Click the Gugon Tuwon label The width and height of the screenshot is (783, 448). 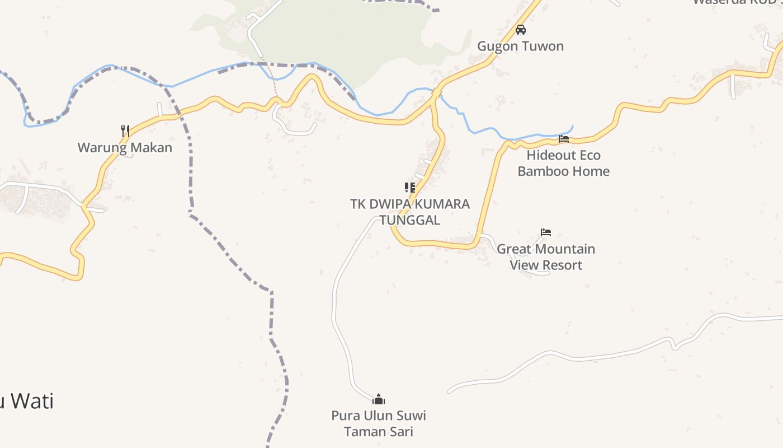tap(520, 46)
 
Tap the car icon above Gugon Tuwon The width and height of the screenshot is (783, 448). tap(521, 30)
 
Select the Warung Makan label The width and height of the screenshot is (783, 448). tap(125, 148)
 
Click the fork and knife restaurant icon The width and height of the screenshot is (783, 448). tap(125, 131)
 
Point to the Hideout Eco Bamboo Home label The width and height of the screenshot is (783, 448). tap(563, 163)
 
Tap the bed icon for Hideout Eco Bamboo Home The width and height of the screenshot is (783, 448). tap(564, 138)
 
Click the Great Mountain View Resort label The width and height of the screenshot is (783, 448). tap(546, 257)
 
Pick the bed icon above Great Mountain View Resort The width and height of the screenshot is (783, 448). tap(546, 232)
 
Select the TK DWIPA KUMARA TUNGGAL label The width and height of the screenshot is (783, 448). tap(410, 212)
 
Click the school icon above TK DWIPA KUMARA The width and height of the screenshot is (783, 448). tap(410, 187)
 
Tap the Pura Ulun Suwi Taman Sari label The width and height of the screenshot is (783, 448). tap(379, 423)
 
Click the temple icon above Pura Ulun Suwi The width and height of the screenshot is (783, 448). tap(379, 399)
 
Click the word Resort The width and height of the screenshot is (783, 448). tap(563, 265)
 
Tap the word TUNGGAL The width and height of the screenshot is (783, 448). tap(410, 220)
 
